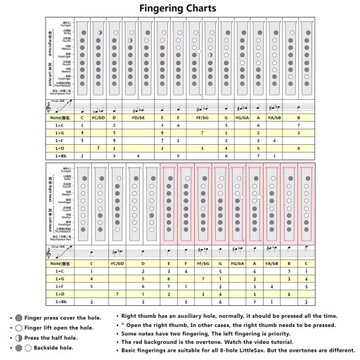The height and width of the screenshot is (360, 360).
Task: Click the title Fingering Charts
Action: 179,9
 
